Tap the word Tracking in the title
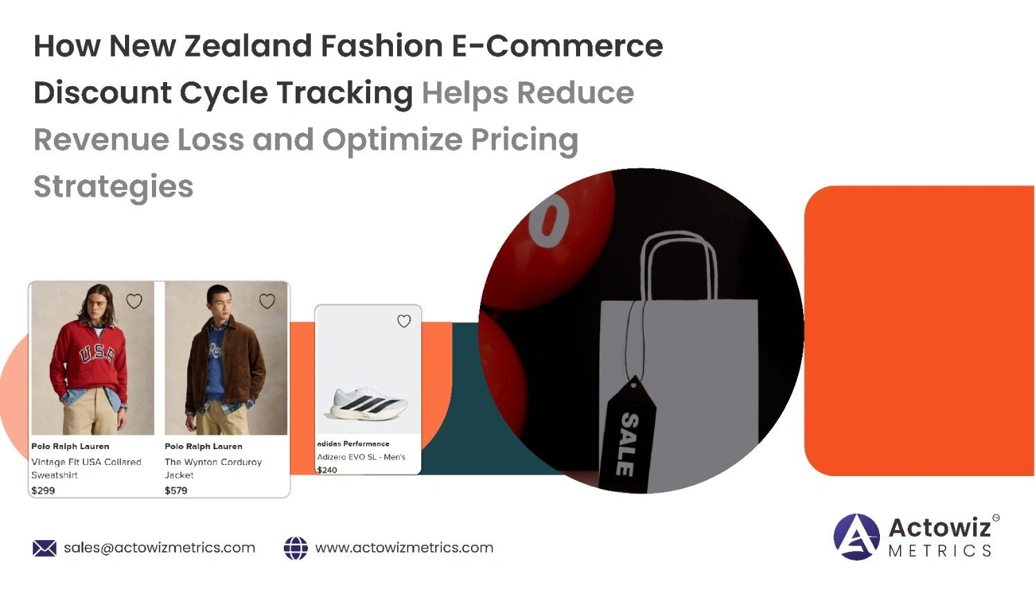coord(345,94)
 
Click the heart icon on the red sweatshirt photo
coord(134,301)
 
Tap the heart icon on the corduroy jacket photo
coord(267,301)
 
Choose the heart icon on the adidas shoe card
coord(404,321)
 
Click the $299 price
coord(43,491)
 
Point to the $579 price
coord(176,491)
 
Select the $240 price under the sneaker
coord(327,471)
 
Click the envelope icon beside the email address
coord(44,548)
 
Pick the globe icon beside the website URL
coord(296,548)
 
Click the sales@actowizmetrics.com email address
coord(160,548)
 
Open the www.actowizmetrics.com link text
coord(404,548)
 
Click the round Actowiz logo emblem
coord(856,537)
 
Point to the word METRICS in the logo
coord(940,551)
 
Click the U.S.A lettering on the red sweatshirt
coord(97,355)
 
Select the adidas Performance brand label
coord(354,444)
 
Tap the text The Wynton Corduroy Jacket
coord(213,468)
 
